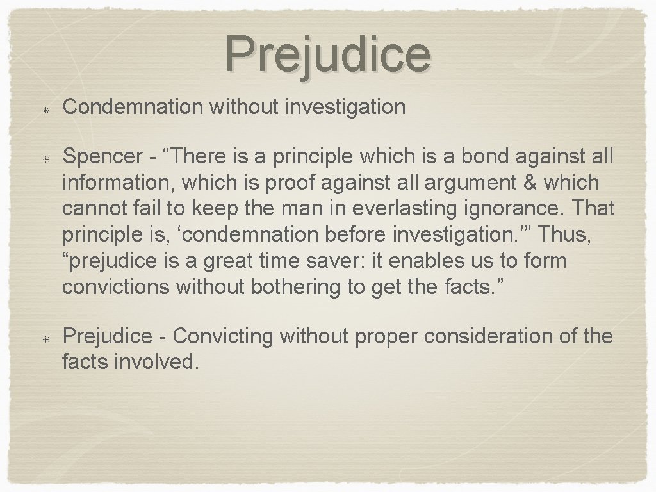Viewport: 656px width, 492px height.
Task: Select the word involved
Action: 154,363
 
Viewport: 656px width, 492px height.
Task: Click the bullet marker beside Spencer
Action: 46,157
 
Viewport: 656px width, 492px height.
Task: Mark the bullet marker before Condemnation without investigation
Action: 46,107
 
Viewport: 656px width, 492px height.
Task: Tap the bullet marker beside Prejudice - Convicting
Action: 46,338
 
